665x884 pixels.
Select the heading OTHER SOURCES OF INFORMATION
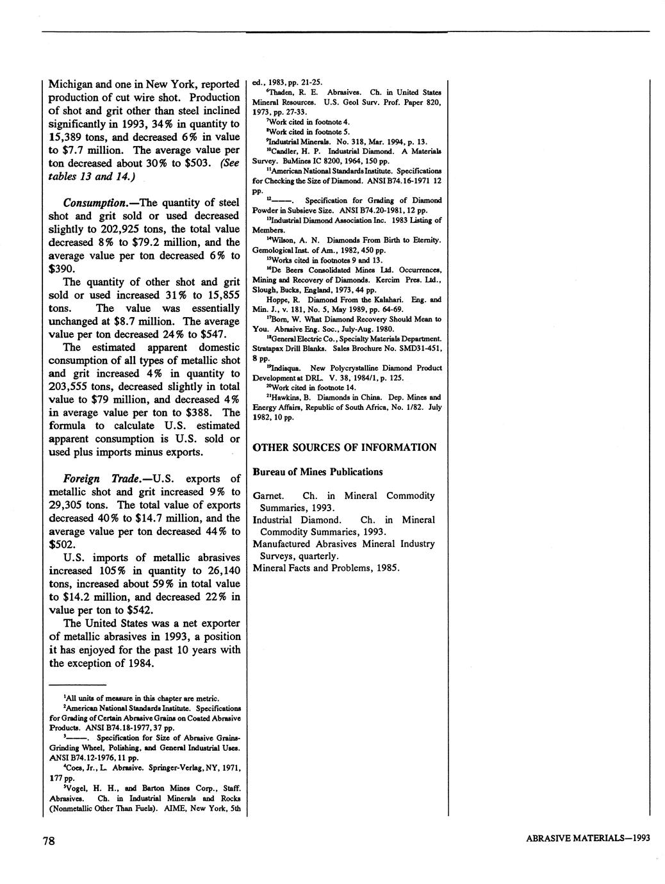345,447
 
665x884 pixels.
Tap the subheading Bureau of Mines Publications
318,472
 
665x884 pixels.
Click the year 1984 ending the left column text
139,663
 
